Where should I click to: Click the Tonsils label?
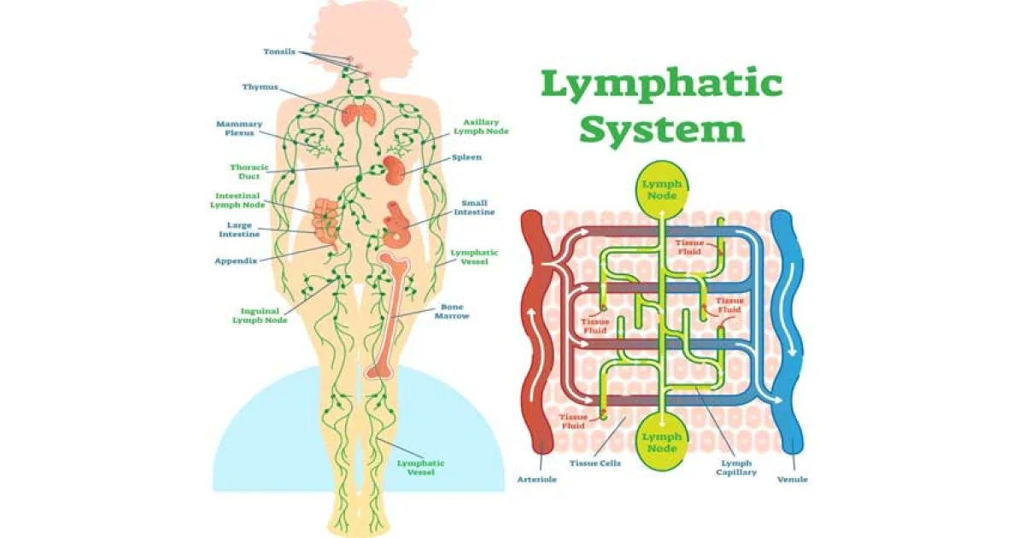pyautogui.click(x=279, y=51)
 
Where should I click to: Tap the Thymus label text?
pyautogui.click(x=260, y=86)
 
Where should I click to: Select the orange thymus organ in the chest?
pyautogui.click(x=359, y=115)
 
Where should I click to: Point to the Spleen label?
pyautogui.click(x=466, y=157)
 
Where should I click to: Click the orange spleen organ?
pyautogui.click(x=393, y=170)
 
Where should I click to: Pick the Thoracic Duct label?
pyautogui.click(x=249, y=172)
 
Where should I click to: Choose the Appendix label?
pyautogui.click(x=236, y=260)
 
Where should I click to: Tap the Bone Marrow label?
pyautogui.click(x=452, y=312)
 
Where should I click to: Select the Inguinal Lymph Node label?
pyautogui.click(x=260, y=316)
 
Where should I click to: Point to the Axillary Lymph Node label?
pyautogui.click(x=481, y=126)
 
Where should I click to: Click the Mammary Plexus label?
pyautogui.click(x=239, y=128)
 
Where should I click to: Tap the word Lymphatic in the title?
pyautogui.click(x=662, y=86)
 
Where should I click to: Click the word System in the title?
pyautogui.click(x=662, y=130)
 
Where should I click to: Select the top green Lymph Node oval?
pyautogui.click(x=662, y=189)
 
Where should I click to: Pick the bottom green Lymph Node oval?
pyautogui.click(x=662, y=442)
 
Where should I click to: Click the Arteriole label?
pyautogui.click(x=536, y=479)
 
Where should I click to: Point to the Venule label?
pyautogui.click(x=793, y=479)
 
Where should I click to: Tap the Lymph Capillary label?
pyautogui.click(x=736, y=468)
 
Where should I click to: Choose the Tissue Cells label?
pyautogui.click(x=594, y=463)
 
